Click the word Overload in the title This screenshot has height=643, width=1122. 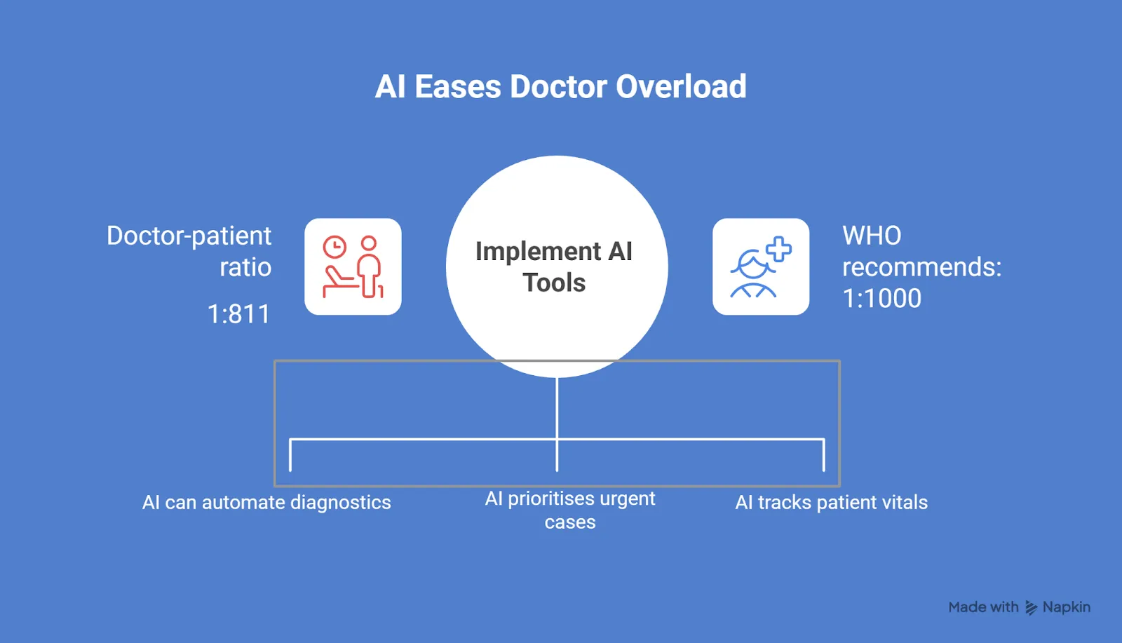[681, 87]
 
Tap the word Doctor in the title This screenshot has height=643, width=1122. [557, 87]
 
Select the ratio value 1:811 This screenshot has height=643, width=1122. [238, 314]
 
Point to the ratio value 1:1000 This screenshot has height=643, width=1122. [881, 299]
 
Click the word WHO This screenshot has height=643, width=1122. [872, 236]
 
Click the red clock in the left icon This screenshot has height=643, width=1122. [334, 248]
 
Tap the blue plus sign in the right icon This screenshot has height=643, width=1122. [778, 250]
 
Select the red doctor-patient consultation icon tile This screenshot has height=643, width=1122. [353, 266]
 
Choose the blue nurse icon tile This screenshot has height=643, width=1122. [761, 266]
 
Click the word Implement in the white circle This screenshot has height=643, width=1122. [538, 251]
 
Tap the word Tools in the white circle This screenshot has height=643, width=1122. [554, 283]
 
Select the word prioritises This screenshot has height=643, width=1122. [550, 499]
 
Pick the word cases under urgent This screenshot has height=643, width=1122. [570, 522]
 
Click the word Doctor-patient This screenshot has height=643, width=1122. [189, 236]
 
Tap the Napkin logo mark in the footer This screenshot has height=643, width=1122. [1031, 608]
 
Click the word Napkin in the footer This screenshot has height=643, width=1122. [1066, 607]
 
